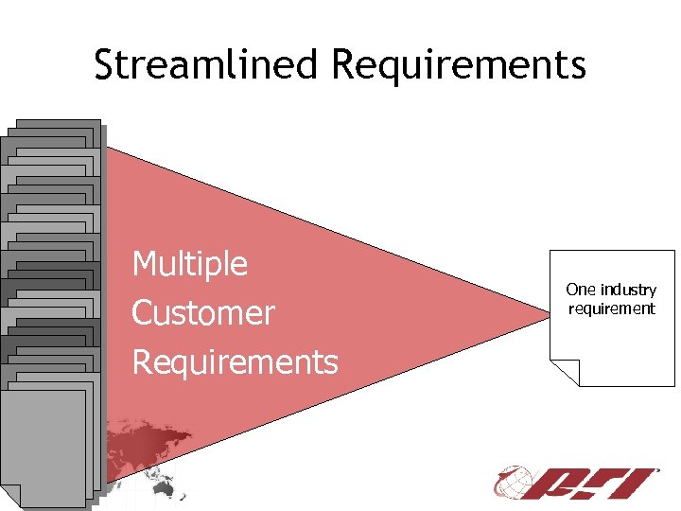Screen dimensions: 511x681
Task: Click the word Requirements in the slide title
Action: pos(460,66)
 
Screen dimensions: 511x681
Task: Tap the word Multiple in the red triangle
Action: pos(190,264)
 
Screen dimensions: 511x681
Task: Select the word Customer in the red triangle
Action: pos(203,313)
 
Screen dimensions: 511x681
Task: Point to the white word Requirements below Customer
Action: pos(235,362)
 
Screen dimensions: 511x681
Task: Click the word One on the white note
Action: pos(579,290)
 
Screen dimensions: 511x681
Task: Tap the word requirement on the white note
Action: pos(611,308)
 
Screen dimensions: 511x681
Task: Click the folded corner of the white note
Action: pos(565,373)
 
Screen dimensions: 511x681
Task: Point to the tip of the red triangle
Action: pos(546,307)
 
